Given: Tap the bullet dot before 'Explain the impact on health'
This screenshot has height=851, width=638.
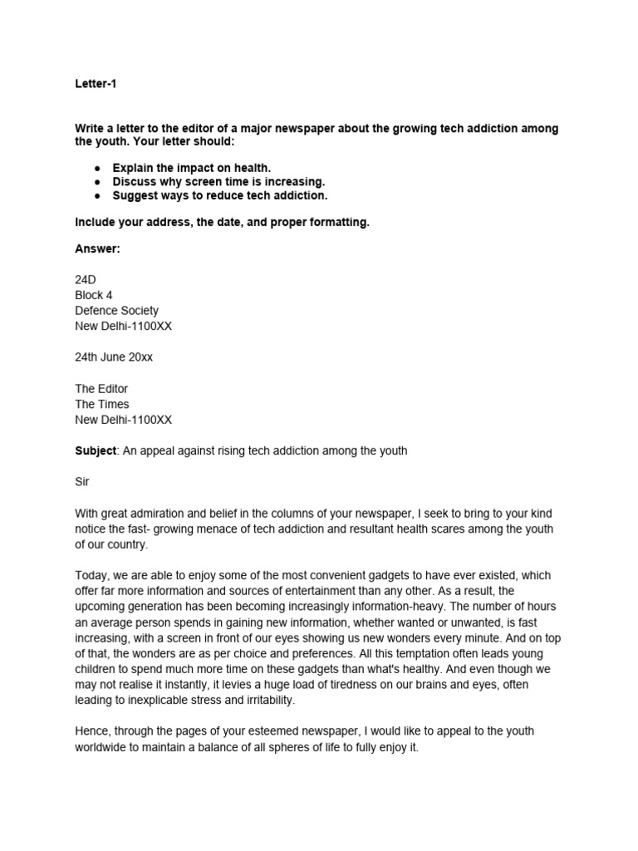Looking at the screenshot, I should point(97,168).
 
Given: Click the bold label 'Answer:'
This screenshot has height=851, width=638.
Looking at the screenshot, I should point(98,249).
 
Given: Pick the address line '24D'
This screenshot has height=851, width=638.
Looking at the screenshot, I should point(86,281).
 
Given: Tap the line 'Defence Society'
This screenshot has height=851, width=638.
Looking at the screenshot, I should point(116,311).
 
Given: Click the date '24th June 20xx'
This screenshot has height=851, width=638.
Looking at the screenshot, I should point(114,357).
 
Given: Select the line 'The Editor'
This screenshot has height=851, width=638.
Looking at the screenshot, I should point(101,389).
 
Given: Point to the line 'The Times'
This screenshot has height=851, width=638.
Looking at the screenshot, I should point(102,404).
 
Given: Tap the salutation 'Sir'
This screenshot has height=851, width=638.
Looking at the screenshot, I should point(81,482).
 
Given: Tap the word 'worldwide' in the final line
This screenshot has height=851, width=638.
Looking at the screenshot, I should point(104,747).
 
